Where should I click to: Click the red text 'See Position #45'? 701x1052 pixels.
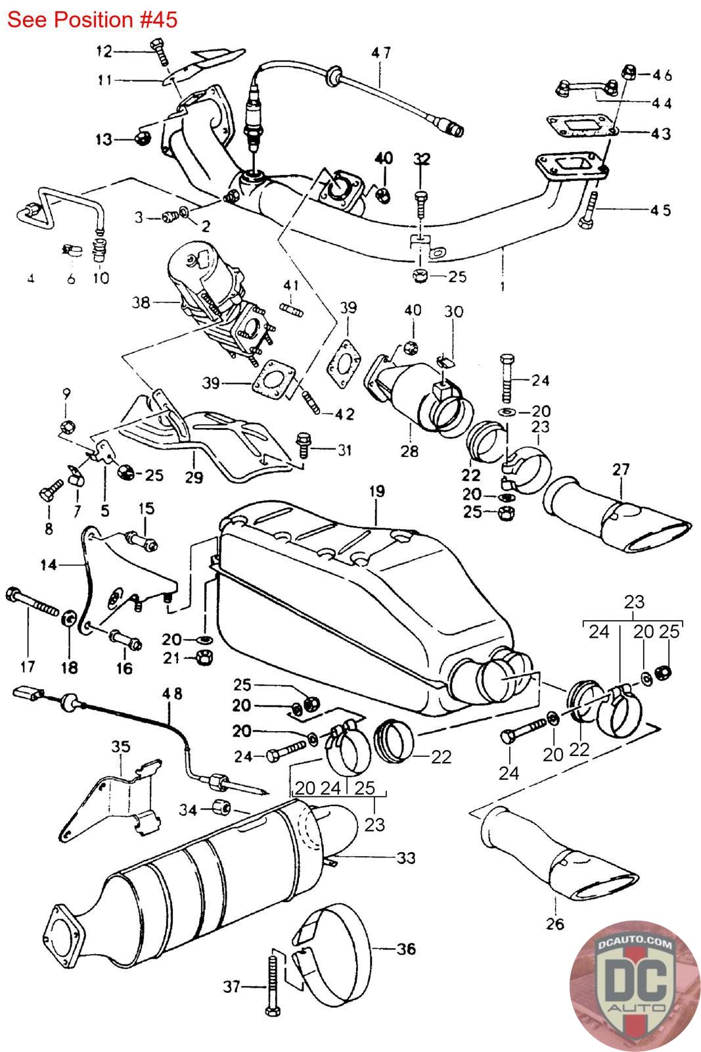(x=92, y=20)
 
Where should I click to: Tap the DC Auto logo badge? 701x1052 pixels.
(x=635, y=986)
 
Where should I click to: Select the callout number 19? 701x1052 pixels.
(x=376, y=491)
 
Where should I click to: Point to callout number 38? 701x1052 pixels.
(x=141, y=302)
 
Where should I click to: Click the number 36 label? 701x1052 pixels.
(x=406, y=949)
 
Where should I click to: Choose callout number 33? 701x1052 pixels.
(x=406, y=857)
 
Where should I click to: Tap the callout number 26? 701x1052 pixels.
(x=554, y=924)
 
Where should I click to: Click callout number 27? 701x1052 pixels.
(x=621, y=469)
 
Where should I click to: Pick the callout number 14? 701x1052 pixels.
(x=49, y=565)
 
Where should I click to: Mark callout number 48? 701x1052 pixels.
(x=172, y=693)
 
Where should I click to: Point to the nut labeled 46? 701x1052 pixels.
(x=629, y=72)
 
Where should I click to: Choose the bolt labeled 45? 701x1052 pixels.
(x=588, y=210)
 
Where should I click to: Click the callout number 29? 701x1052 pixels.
(x=193, y=477)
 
